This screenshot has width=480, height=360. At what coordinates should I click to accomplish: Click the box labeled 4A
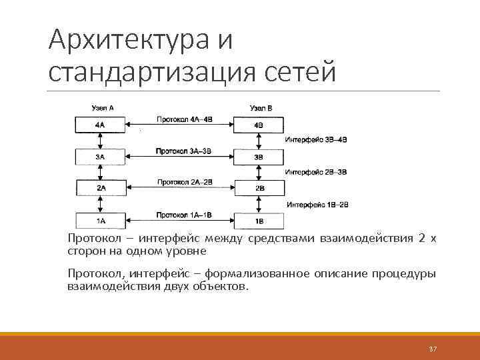click(100, 125)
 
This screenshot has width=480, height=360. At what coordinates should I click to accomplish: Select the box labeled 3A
click(100, 157)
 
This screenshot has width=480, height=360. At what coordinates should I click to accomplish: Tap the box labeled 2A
click(100, 188)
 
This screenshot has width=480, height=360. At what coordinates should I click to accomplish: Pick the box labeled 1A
click(100, 220)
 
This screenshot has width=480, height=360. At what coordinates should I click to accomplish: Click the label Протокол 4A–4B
click(185, 119)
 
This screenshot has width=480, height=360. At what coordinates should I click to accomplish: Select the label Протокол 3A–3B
click(185, 151)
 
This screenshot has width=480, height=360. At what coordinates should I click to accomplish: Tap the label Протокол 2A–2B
click(185, 182)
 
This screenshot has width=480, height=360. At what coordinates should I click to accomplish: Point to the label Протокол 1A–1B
click(185, 214)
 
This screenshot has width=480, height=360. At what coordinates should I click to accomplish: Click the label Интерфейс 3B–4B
click(316, 139)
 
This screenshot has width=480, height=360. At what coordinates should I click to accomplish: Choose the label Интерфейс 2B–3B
click(316, 171)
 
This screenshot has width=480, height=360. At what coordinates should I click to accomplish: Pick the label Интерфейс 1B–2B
click(318, 204)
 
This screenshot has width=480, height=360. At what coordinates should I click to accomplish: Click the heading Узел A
click(102, 107)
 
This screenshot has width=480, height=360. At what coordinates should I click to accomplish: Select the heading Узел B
click(261, 107)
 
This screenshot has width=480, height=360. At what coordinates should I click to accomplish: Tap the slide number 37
click(433, 349)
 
